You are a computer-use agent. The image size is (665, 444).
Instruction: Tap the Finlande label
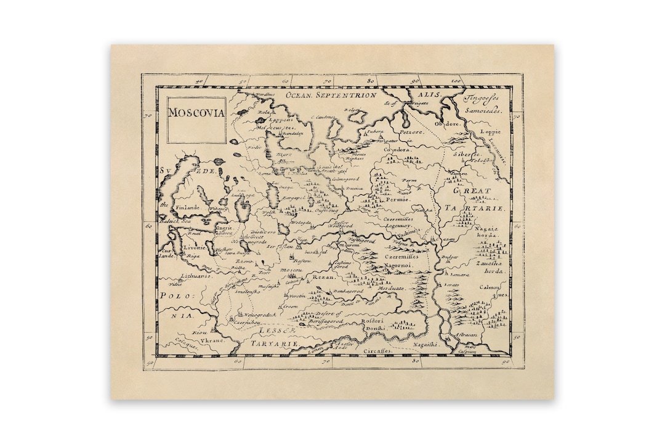pyautogui.click(x=186, y=208)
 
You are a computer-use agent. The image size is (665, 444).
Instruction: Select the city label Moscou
pyautogui.click(x=292, y=270)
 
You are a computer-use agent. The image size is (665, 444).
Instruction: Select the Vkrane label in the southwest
pyautogui.click(x=211, y=340)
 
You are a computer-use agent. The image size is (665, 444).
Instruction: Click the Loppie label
pyautogui.click(x=491, y=131)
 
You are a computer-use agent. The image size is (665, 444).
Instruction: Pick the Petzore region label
pyautogui.click(x=412, y=131)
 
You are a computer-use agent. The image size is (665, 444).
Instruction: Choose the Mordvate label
pyautogui.click(x=390, y=288)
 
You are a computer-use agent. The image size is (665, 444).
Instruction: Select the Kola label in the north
pyautogui.click(x=265, y=112)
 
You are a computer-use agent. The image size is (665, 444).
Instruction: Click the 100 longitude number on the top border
pyautogui.click(x=456, y=81)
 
